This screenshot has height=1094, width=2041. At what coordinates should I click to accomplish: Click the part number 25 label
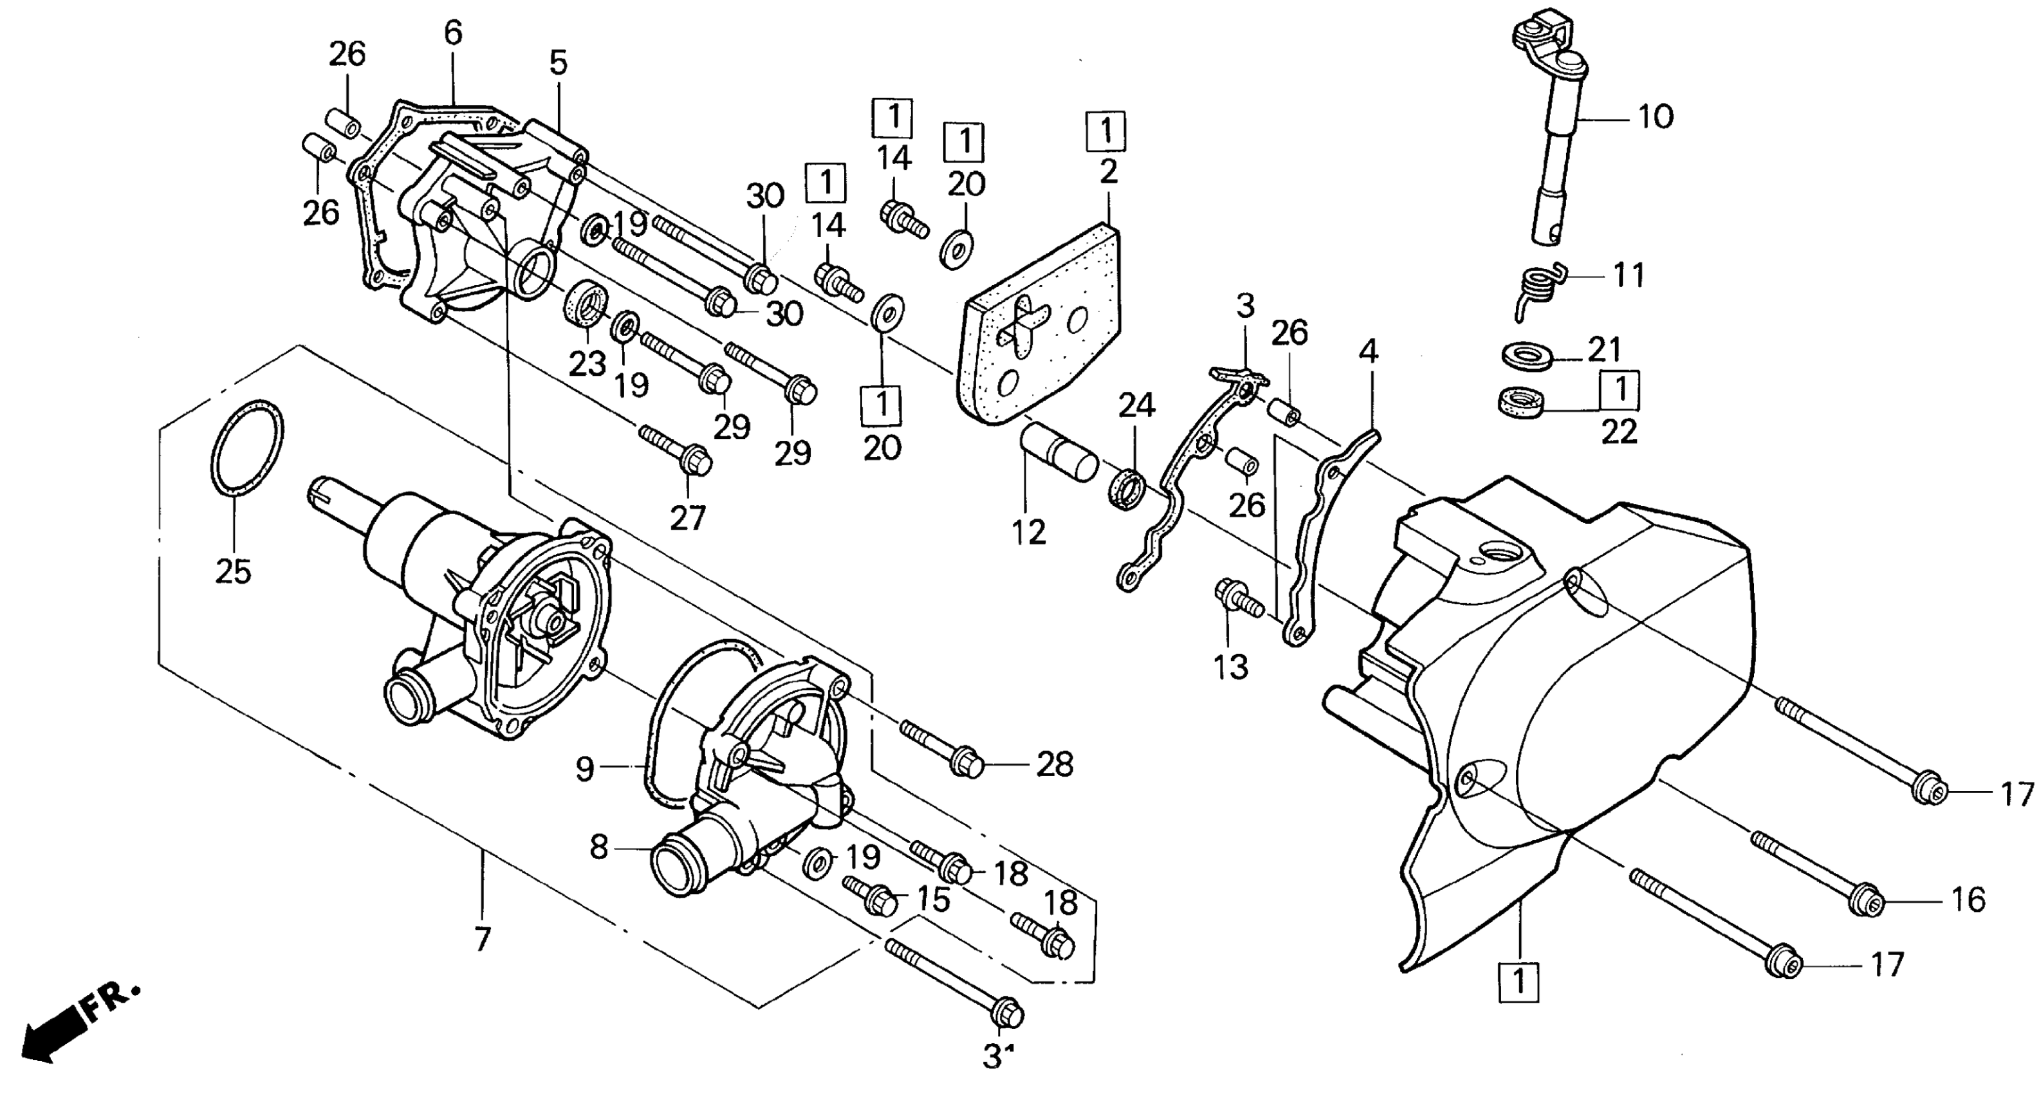click(x=233, y=571)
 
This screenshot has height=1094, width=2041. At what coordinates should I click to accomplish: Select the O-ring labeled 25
click(x=246, y=449)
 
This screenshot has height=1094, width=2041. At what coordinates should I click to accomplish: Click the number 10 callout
click(x=1655, y=117)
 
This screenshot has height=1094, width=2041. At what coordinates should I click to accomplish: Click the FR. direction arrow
click(x=75, y=1028)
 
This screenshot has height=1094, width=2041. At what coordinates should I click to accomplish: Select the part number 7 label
click(x=483, y=940)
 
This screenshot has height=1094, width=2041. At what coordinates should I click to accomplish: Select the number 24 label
click(x=1136, y=405)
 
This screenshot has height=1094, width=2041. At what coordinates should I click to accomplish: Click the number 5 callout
click(x=559, y=62)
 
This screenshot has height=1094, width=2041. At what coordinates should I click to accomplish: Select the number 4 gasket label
click(x=1369, y=352)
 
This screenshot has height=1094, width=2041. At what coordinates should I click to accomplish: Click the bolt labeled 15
click(x=873, y=896)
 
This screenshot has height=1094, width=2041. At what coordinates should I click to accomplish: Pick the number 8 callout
click(x=599, y=848)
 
